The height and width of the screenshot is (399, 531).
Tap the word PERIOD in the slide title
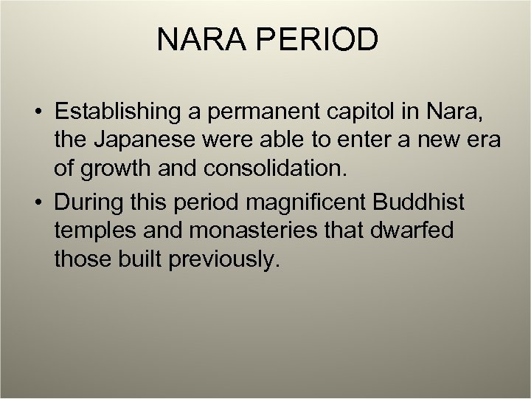(x=321, y=39)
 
